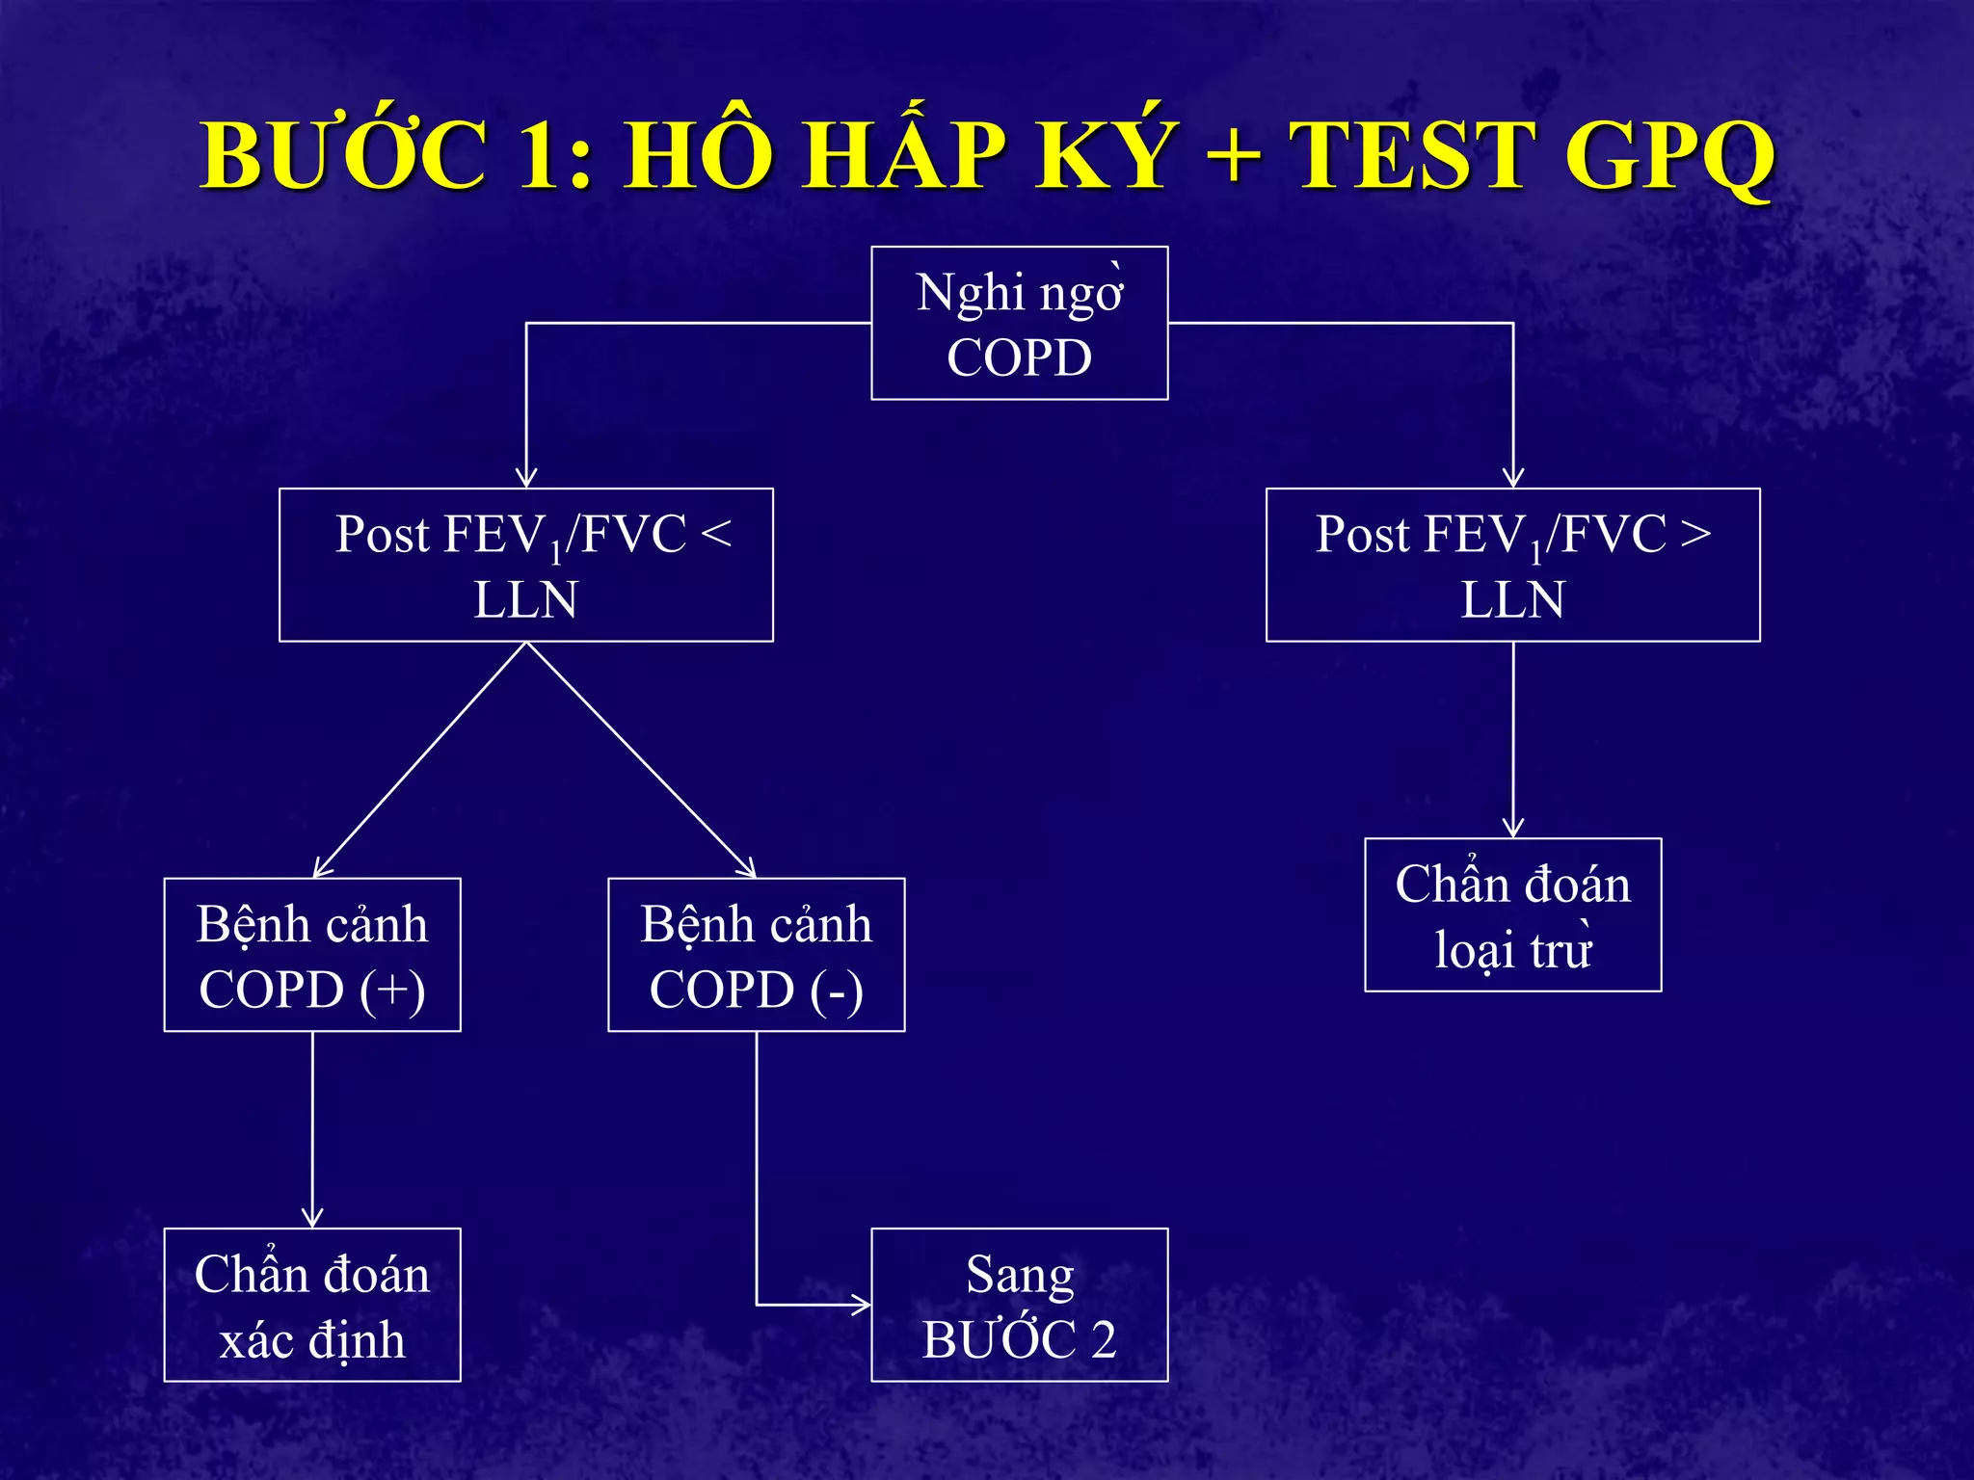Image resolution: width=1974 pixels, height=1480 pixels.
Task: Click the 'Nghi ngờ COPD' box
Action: (1019, 323)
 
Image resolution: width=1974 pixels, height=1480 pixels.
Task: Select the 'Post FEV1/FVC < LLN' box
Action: (525, 565)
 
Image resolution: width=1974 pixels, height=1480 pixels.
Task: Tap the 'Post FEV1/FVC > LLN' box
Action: (1512, 565)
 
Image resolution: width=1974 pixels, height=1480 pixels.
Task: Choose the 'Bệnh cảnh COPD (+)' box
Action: (312, 955)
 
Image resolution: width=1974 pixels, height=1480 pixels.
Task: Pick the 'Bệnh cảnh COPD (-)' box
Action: (756, 955)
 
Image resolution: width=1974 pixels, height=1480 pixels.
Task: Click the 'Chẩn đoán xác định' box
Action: (312, 1305)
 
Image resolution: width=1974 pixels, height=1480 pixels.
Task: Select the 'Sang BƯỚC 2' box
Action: (1019, 1305)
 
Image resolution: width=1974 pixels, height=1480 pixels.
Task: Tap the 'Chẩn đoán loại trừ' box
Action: (1512, 914)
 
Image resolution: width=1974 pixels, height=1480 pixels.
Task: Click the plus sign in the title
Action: (1234, 156)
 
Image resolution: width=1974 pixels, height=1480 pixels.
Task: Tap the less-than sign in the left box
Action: (716, 534)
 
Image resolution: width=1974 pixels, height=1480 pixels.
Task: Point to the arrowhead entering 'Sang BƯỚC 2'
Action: (861, 1306)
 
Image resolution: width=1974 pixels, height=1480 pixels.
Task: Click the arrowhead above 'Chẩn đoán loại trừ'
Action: (1513, 828)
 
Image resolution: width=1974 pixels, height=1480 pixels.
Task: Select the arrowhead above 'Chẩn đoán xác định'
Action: (312, 1217)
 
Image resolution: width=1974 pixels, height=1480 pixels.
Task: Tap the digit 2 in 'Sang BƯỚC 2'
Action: (1103, 1339)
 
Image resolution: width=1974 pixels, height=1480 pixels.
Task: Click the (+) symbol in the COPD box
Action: (392, 991)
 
